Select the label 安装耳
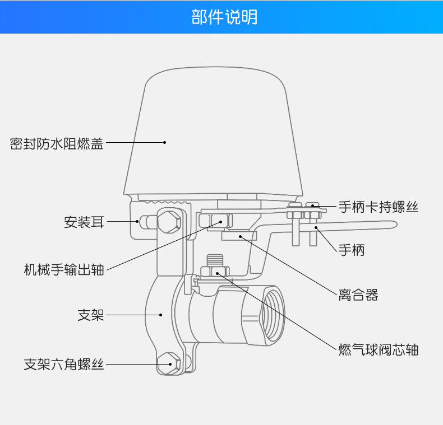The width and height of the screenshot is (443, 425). point(84,222)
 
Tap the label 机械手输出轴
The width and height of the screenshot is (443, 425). point(64,269)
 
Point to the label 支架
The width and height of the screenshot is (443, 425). point(91,315)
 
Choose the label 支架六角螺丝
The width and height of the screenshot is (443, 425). point(64,365)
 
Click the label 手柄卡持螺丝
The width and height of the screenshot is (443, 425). point(379,207)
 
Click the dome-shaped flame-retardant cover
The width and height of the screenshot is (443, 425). point(216,134)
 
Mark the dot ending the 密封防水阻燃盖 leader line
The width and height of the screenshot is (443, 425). point(164,142)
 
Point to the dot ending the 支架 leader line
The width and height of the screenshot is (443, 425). point(161,315)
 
